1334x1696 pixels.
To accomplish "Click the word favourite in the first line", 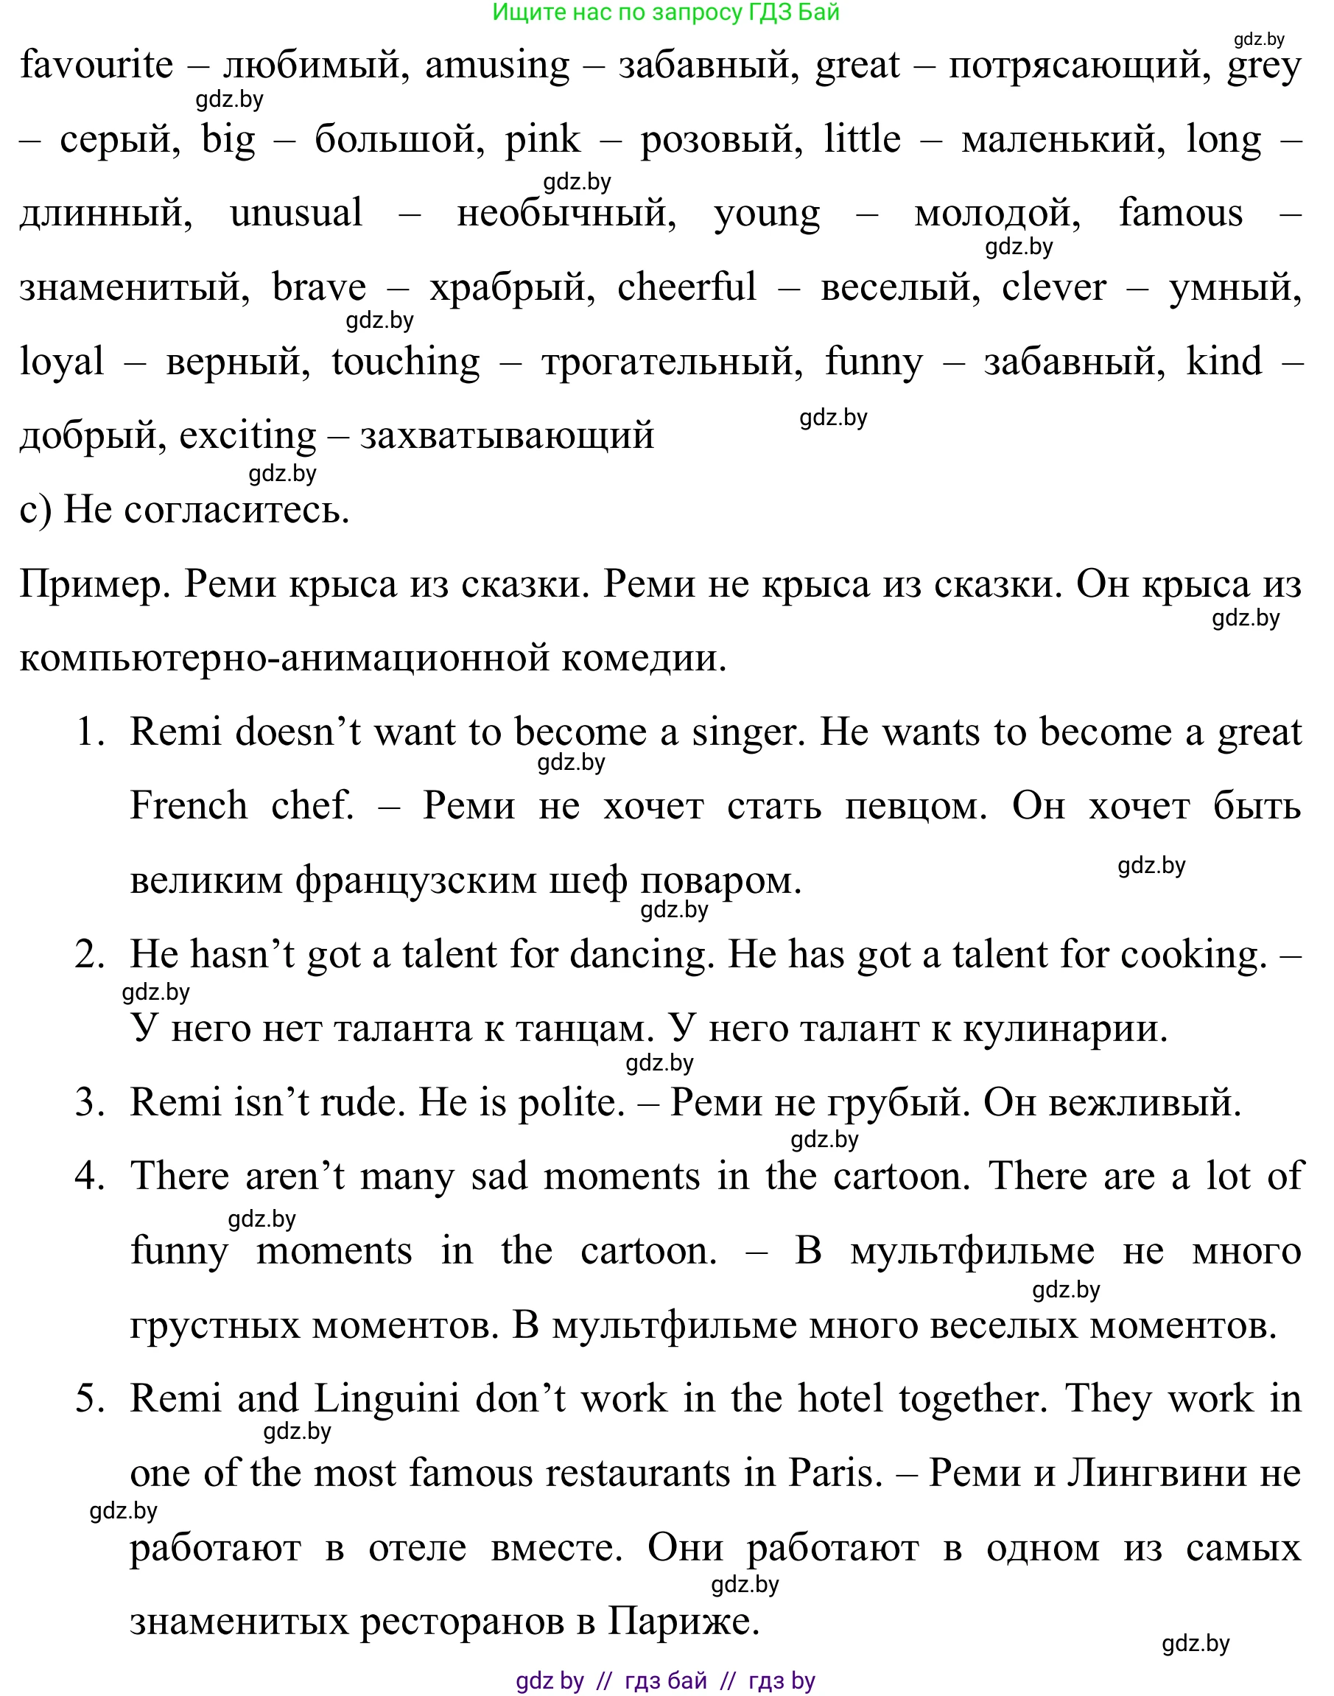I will tap(96, 65).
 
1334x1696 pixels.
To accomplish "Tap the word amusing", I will tap(497, 65).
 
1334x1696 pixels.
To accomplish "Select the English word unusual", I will tap(296, 213).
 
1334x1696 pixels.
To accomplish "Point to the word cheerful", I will tap(687, 287).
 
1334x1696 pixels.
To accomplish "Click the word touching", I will tap(405, 362).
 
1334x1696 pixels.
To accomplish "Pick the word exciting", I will tap(248, 436).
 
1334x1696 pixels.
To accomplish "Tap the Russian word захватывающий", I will tap(507, 436).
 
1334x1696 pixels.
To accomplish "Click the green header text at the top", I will tap(665, 13).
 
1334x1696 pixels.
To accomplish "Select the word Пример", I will tap(94, 584).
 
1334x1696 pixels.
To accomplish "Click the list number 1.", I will tap(89, 732).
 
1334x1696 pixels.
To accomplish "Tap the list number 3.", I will tap(89, 1102).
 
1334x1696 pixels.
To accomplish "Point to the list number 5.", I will tap(89, 1399).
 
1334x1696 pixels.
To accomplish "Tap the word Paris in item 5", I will tap(835, 1474).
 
